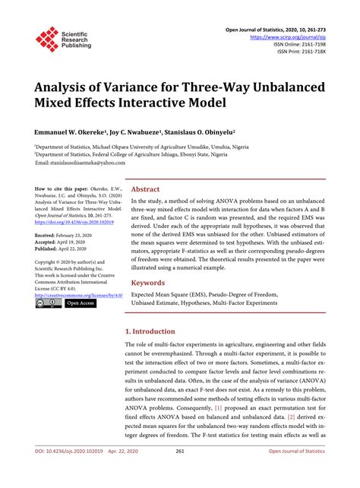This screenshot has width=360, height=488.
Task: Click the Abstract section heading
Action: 145,190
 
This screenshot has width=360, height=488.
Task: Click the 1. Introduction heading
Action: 150,332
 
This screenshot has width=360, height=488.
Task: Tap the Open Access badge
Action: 81,303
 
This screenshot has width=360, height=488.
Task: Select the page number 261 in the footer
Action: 180,472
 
